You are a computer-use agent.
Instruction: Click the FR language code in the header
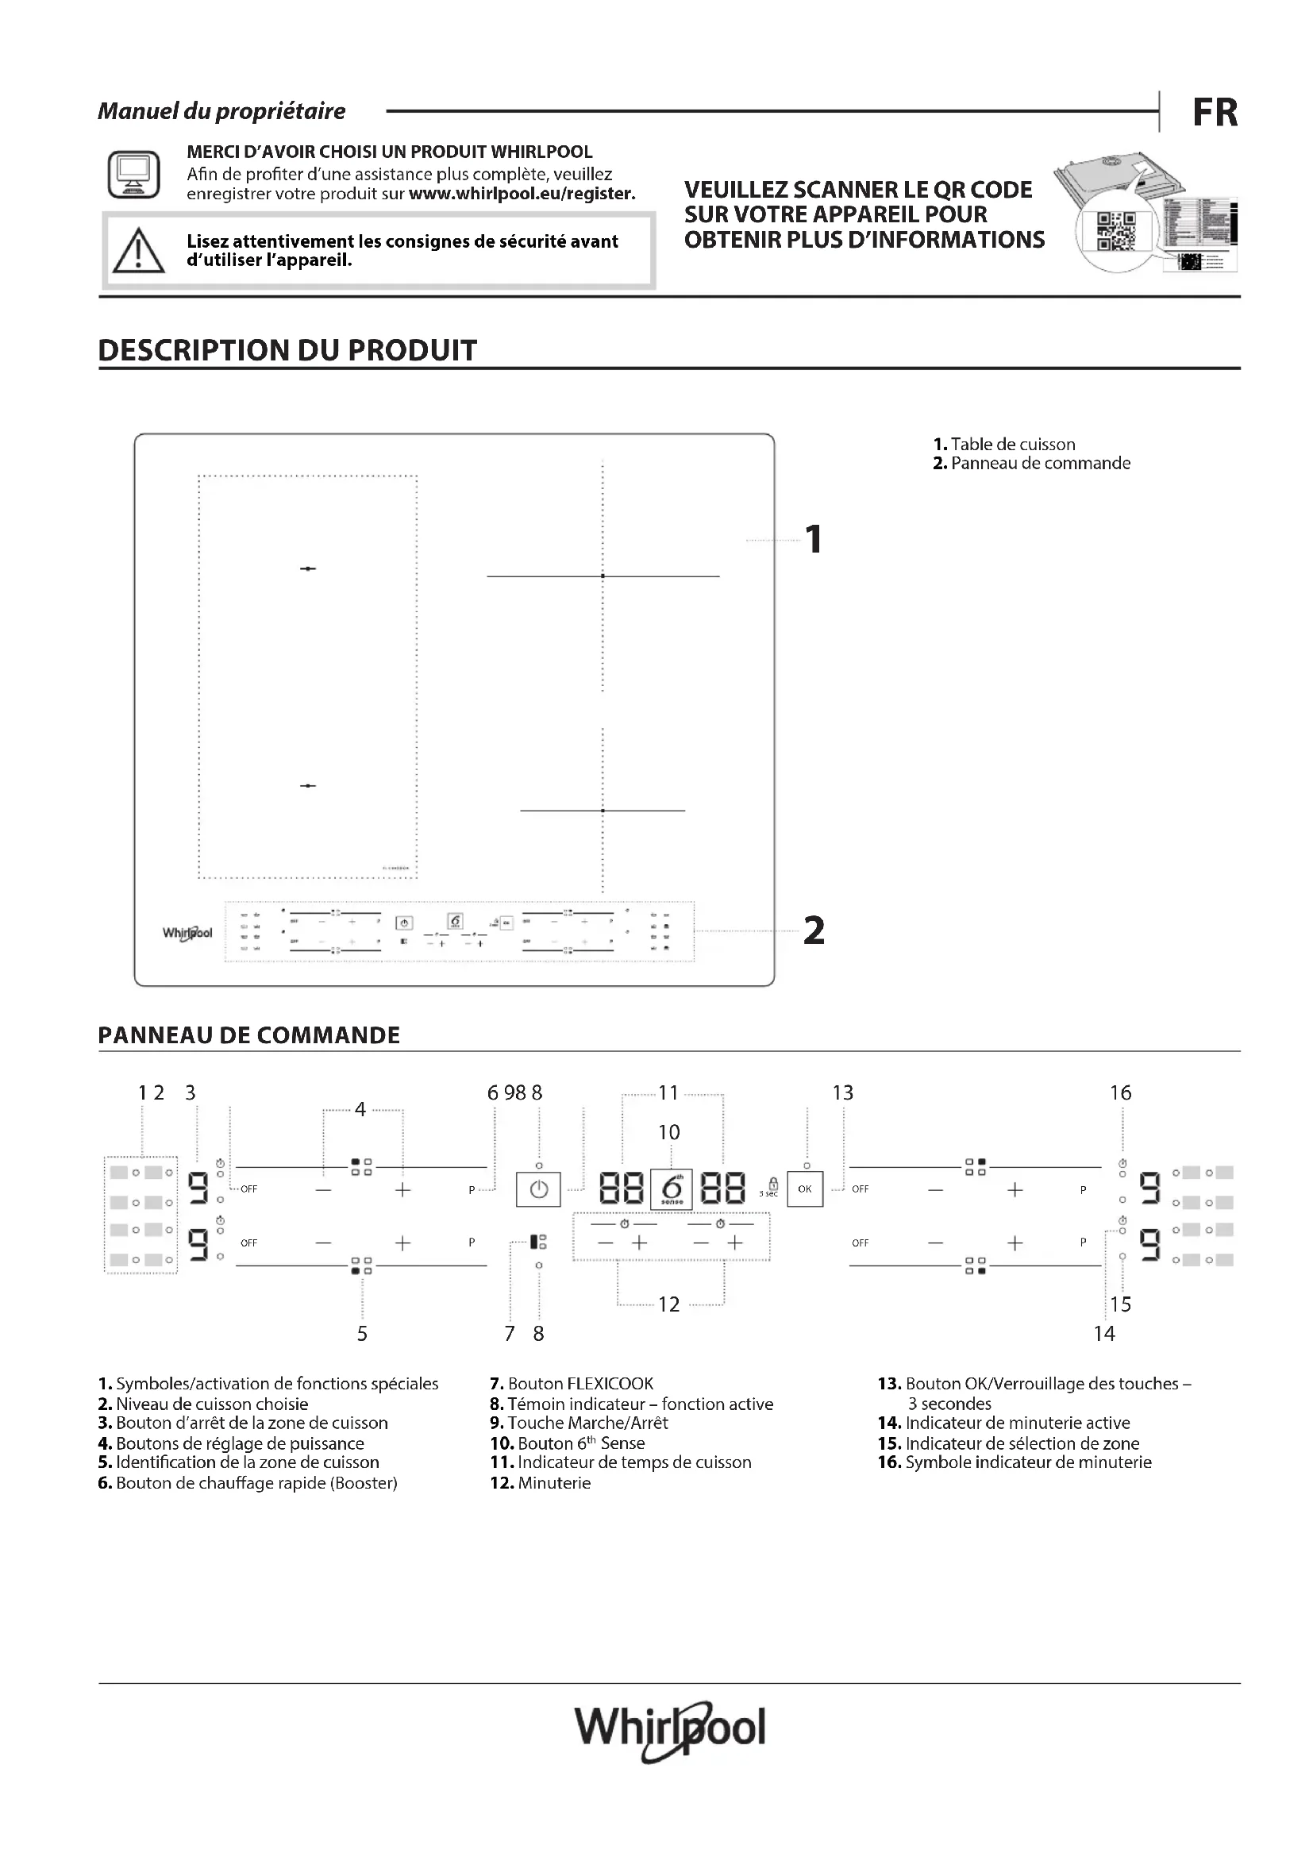[x=1215, y=113]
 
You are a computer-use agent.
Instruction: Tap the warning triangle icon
[x=138, y=251]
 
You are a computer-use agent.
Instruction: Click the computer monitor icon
[x=133, y=174]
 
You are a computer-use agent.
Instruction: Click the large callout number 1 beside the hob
[x=814, y=539]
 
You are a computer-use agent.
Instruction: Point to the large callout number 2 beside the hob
[x=814, y=931]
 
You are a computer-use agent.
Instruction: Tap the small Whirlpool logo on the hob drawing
[x=187, y=934]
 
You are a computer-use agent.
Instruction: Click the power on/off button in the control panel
[x=538, y=1190]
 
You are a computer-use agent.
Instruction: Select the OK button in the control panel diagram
[x=804, y=1189]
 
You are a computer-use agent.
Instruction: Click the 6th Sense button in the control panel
[x=671, y=1189]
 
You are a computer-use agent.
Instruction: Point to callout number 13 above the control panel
[x=842, y=1092]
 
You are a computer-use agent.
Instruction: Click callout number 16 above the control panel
[x=1120, y=1092]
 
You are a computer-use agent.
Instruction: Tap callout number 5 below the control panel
[x=362, y=1334]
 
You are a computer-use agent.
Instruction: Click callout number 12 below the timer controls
[x=668, y=1304]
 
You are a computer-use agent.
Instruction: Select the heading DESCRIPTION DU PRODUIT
[x=287, y=350]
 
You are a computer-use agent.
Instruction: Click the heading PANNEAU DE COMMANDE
[x=249, y=1035]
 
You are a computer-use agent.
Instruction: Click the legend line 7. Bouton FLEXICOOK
[x=572, y=1384]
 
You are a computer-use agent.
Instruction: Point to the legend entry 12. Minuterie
[x=540, y=1482]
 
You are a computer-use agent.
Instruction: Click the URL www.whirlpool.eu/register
[x=522, y=194]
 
